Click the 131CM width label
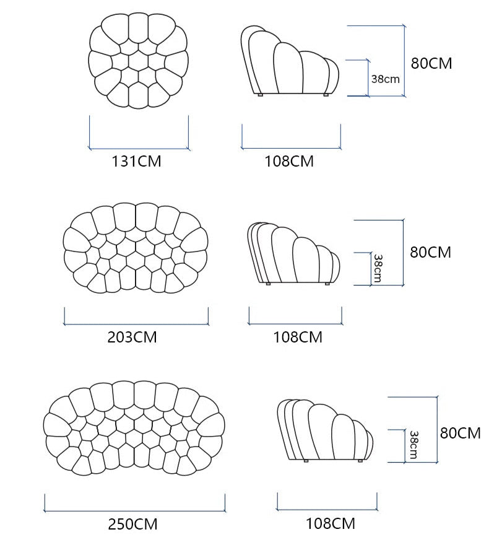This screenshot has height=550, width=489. pos(136,162)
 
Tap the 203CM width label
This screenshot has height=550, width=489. pos(132,337)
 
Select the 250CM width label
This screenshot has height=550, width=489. pos(133,524)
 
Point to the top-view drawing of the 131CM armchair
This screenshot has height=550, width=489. pos(139,61)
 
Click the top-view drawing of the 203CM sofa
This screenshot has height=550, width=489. pos(136,248)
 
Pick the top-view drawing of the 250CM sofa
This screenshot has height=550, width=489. pos(134,428)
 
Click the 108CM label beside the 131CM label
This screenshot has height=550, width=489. pos(289,162)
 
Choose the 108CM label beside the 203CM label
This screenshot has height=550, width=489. pos(298,337)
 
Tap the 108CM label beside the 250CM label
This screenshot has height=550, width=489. pos(331,524)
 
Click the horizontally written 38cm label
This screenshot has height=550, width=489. pos(386,79)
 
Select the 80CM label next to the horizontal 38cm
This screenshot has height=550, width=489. pos(431,64)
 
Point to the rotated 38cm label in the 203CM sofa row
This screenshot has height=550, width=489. pos(378,268)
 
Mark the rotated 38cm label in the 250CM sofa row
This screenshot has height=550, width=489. pos(413,445)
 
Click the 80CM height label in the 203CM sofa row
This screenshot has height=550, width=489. pos(430,252)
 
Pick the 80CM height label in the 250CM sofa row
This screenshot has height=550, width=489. pos(461,433)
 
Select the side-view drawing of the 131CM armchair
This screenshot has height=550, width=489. pos(290,61)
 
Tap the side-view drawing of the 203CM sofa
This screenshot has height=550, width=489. pos(294,253)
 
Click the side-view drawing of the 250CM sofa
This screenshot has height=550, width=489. pos(326,430)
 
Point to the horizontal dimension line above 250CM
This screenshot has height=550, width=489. pos(134,511)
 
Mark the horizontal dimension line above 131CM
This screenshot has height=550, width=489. pos(139,149)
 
